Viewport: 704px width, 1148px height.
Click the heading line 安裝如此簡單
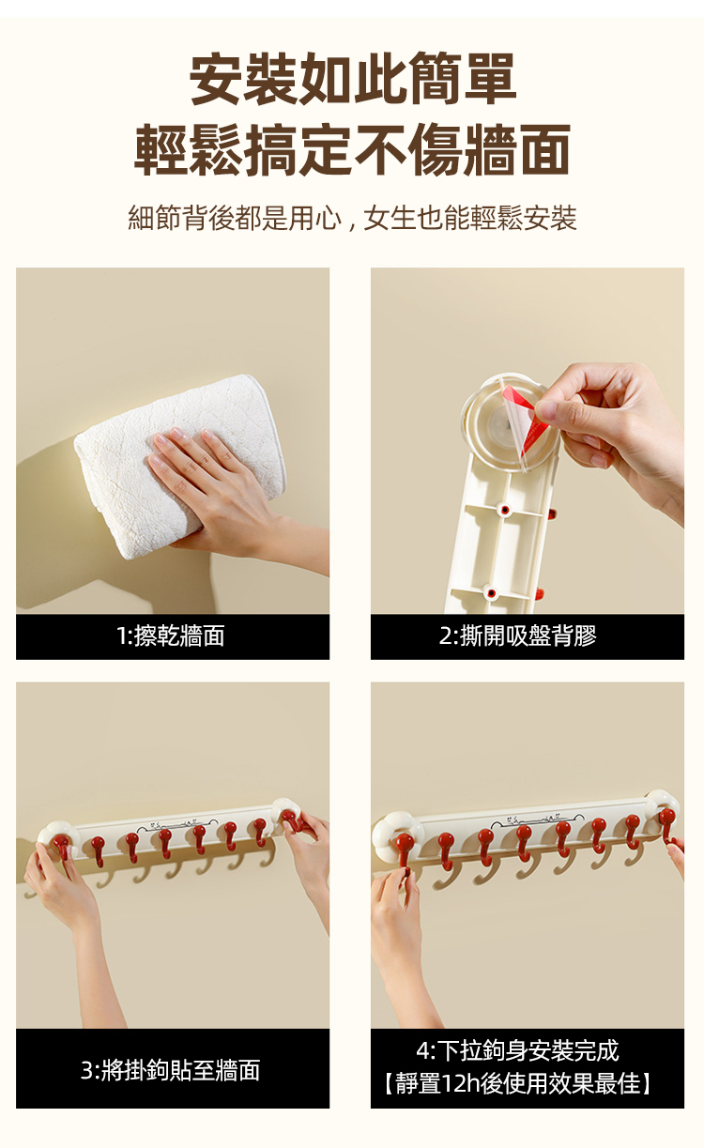(353, 79)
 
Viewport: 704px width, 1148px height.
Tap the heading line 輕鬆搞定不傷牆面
(353, 148)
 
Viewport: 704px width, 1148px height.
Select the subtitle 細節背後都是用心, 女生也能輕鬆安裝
(353, 219)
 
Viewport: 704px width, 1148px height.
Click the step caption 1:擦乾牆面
(171, 636)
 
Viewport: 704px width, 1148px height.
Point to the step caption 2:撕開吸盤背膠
(518, 636)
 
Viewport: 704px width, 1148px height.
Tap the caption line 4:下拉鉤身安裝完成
(517, 1050)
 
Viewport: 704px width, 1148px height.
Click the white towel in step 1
(179, 466)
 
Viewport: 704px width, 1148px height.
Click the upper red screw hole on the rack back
(505, 510)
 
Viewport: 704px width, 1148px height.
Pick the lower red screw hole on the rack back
(491, 593)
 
